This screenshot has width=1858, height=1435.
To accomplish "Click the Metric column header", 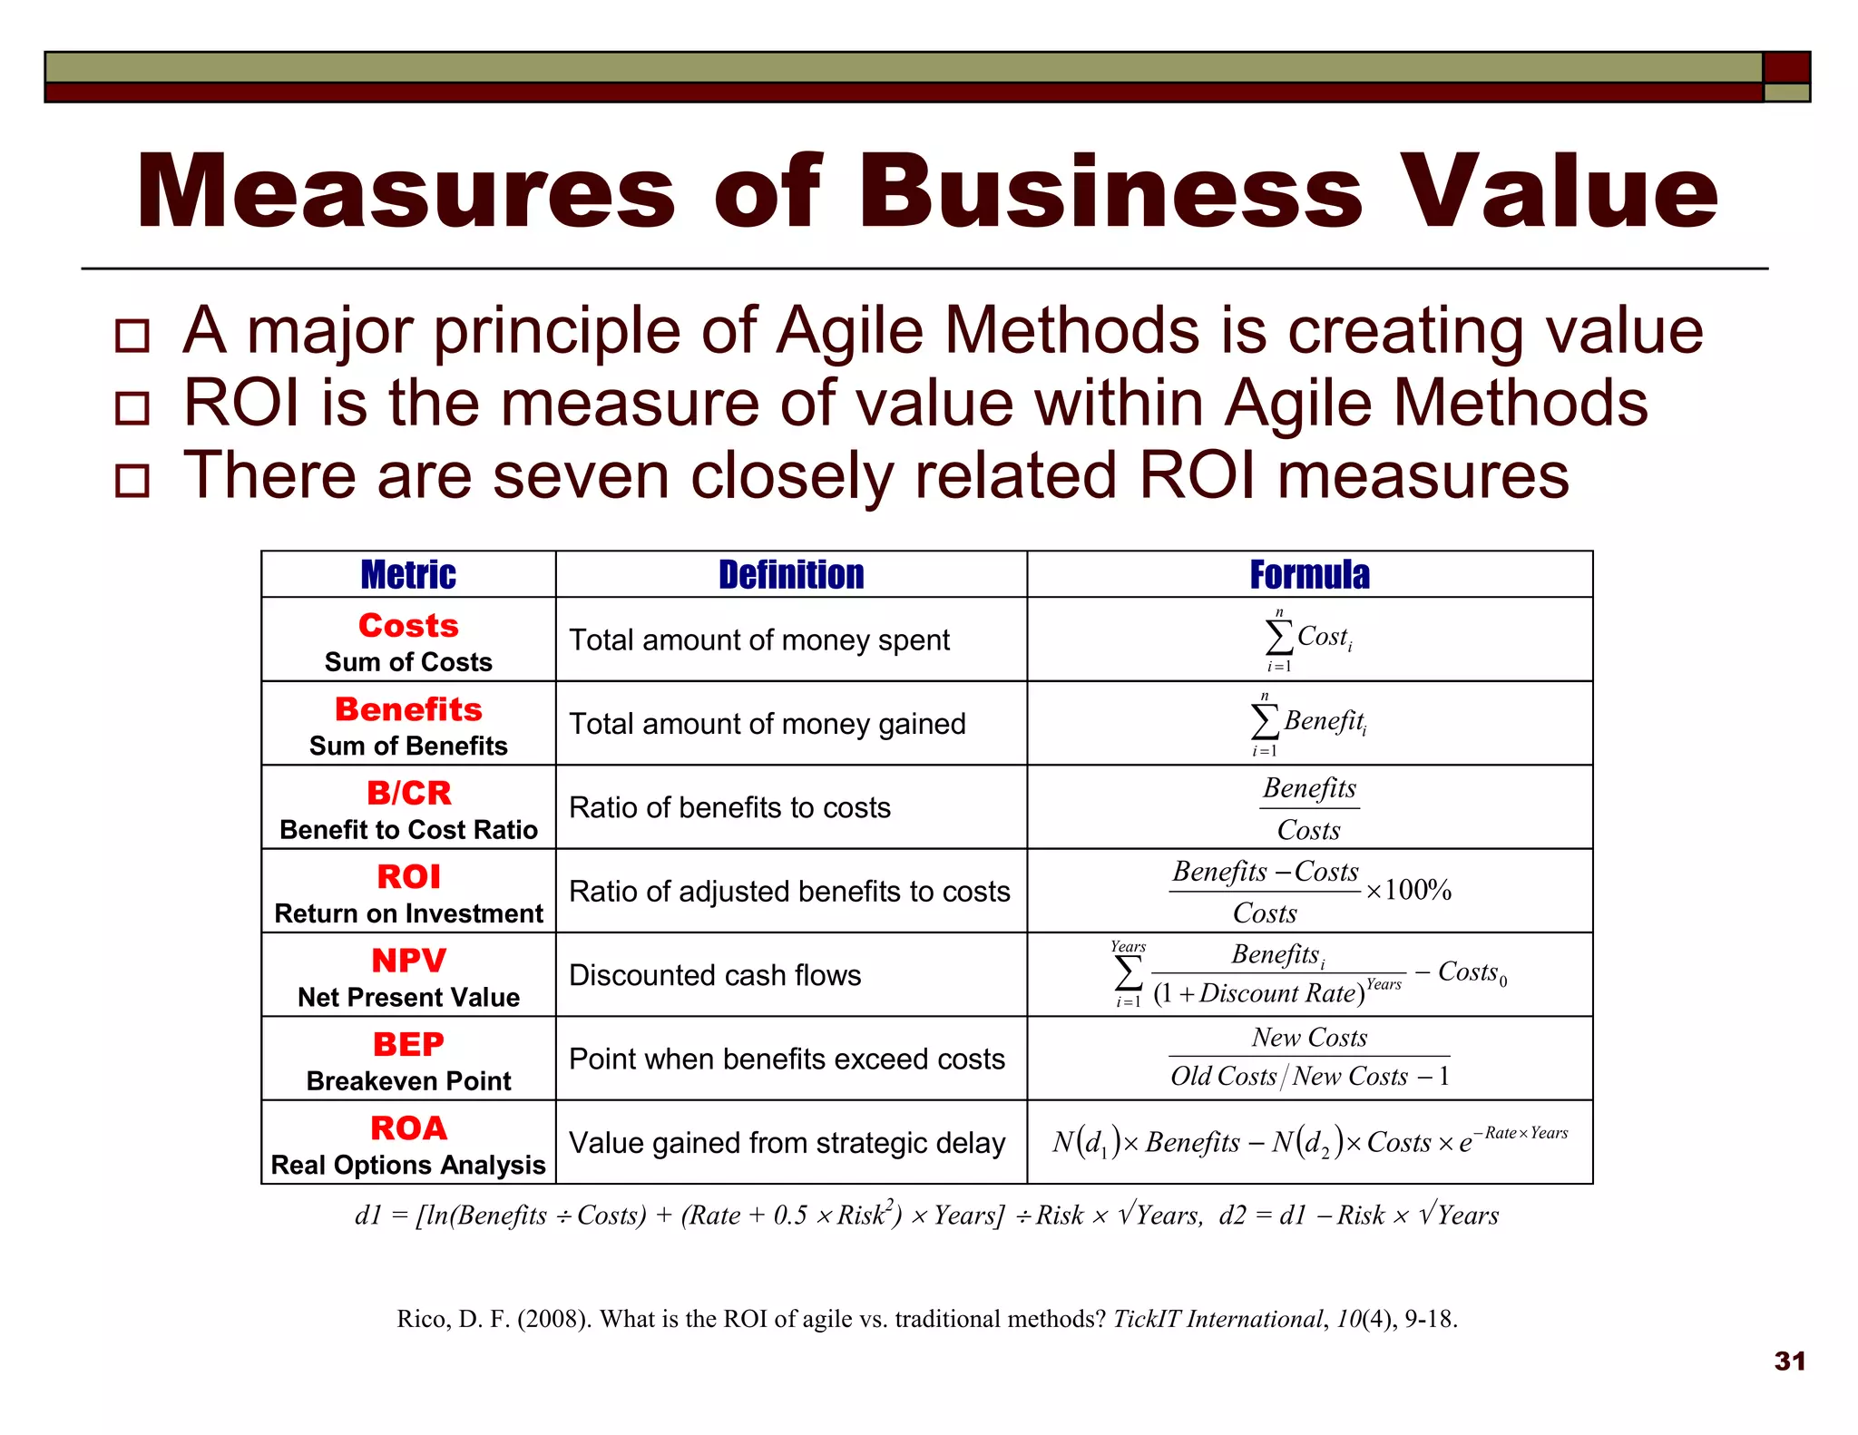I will point(408,575).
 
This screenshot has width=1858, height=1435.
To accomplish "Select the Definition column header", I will point(791,575).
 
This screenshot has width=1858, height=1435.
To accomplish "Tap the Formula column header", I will point(1309,575).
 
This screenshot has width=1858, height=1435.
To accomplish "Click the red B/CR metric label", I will point(408,794).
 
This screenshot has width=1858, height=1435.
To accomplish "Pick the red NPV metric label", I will point(408,961).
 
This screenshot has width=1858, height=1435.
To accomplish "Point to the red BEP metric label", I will point(408,1045).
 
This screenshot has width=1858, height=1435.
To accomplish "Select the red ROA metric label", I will point(408,1128).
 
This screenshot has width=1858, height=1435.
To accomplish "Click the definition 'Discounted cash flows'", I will point(715,975).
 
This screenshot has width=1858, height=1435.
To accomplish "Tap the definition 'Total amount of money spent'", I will point(758,640).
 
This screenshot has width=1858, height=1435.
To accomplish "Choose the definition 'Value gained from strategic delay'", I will point(787,1143).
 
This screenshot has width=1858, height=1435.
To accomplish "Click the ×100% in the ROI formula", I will point(1409,890).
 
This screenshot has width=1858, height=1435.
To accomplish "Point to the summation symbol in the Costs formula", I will point(1279,637).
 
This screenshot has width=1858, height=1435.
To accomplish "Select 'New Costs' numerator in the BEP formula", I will point(1309,1038).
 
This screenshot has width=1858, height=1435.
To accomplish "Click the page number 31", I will point(1789,1362).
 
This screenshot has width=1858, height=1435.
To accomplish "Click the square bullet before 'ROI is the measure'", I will point(132,408).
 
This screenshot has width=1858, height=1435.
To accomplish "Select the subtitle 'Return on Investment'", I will point(408,914).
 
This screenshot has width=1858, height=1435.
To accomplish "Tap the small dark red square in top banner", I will point(1785,68).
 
